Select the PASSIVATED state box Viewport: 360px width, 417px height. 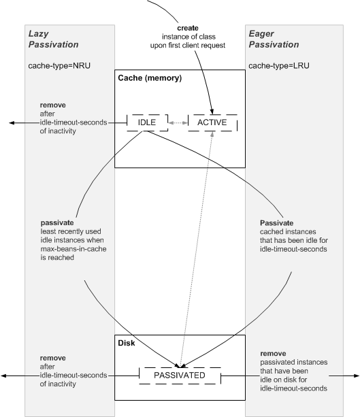click(180, 374)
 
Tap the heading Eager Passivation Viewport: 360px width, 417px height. click(272, 39)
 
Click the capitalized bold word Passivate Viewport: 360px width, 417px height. click(278, 222)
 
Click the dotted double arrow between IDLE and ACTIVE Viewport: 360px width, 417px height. click(178, 122)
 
